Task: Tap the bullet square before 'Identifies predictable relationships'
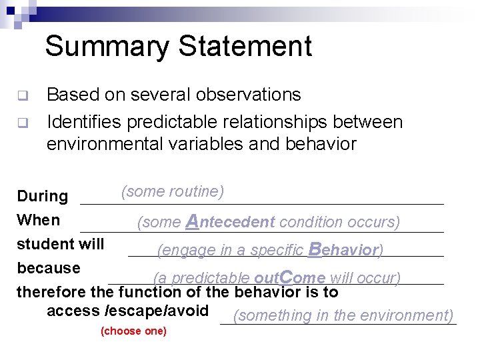21,123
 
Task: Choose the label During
42,196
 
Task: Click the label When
38,220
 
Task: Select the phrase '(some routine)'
172,192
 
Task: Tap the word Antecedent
231,221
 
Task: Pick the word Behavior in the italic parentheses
344,250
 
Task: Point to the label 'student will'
60,244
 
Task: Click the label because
48,268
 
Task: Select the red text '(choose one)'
133,331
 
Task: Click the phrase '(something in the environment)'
343,315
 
